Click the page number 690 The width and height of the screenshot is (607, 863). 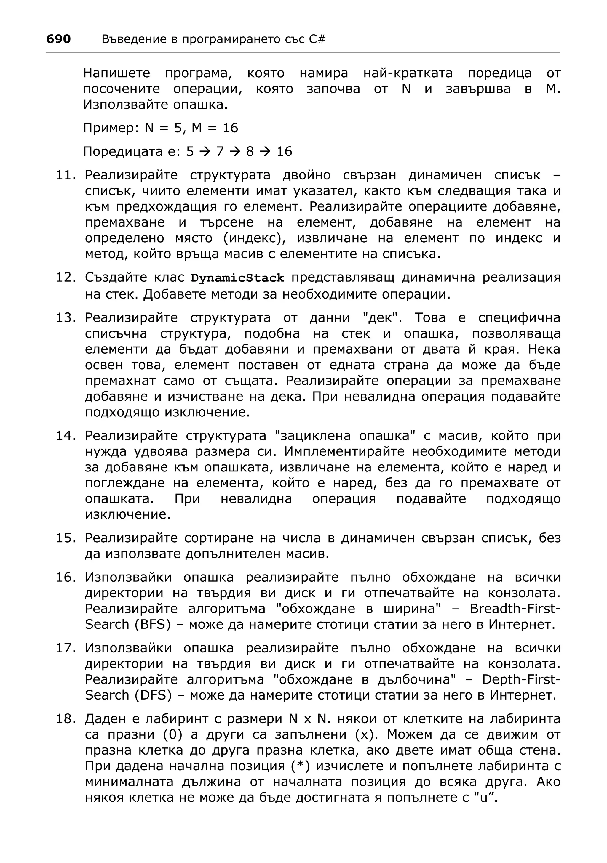[x=58, y=39]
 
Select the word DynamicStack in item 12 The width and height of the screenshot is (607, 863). [x=237, y=278]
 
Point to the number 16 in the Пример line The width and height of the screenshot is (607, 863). [x=230, y=128]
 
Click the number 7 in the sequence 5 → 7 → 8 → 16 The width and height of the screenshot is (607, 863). [x=220, y=151]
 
